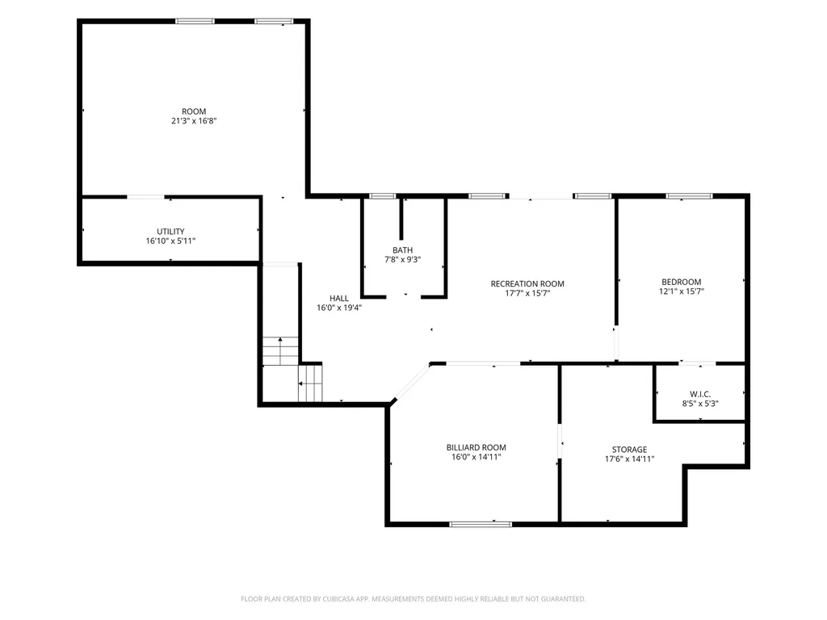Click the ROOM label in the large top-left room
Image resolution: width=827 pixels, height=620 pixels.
[x=194, y=111]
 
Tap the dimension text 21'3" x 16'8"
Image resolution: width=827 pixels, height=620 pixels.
[x=194, y=121]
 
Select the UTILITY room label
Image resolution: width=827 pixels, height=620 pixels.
[x=170, y=232]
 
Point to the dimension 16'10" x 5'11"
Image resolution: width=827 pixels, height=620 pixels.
[x=170, y=241]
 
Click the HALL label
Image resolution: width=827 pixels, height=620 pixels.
[x=338, y=299]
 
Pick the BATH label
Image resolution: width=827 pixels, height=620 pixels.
[x=402, y=250]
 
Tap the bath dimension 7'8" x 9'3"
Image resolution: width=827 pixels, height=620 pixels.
[x=402, y=259]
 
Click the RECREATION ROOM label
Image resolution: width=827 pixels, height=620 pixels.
[x=527, y=283]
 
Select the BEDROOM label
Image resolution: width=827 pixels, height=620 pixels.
[x=682, y=282]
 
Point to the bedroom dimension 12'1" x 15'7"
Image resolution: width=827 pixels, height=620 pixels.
[x=682, y=291]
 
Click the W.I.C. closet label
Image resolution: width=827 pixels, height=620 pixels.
[x=700, y=394]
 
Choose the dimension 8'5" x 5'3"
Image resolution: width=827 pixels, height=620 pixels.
[x=700, y=404]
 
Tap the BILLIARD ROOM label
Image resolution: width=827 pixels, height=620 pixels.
[x=476, y=447]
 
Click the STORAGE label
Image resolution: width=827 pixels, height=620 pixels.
[x=629, y=450]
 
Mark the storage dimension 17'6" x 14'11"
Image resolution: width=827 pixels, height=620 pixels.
[x=629, y=459]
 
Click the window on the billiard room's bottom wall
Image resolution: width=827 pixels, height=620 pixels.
[x=481, y=524]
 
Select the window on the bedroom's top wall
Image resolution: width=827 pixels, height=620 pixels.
[x=690, y=196]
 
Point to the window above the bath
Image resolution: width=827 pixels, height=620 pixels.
[x=382, y=196]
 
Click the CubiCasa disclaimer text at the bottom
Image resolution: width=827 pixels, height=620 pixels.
[x=413, y=599]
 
